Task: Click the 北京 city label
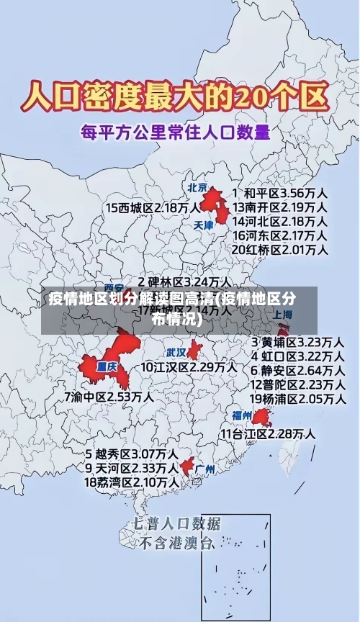(197, 188)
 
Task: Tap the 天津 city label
(204, 225)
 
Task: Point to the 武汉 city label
(176, 353)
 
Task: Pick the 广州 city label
(205, 469)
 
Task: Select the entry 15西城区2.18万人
(153, 207)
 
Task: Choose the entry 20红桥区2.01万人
(280, 249)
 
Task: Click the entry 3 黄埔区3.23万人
(297, 341)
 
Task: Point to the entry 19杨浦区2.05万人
(297, 398)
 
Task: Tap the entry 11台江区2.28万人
(267, 433)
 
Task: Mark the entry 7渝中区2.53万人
(108, 396)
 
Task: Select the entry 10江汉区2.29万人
(189, 367)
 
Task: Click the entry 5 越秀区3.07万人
(131, 454)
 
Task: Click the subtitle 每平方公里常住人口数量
(175, 132)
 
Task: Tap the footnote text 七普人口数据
(176, 523)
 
